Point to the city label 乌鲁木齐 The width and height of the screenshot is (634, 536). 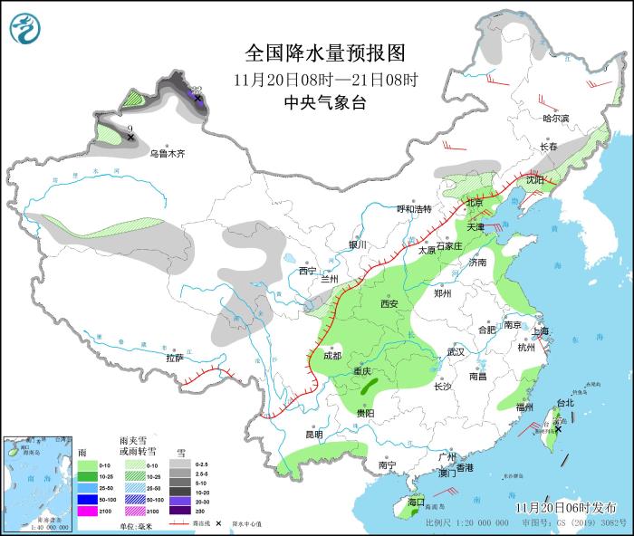[168, 154]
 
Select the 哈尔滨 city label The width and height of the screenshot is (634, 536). [556, 119]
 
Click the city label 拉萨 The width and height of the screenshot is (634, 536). [175, 358]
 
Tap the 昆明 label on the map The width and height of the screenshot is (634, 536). [313, 434]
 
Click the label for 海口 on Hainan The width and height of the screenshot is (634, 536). [416, 501]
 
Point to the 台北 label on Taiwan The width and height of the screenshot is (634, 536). [564, 402]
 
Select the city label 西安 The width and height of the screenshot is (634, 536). [389, 304]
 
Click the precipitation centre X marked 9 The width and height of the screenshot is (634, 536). [131, 137]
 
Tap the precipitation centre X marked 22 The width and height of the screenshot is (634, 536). [197, 97]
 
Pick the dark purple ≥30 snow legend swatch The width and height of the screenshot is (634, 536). [181, 512]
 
